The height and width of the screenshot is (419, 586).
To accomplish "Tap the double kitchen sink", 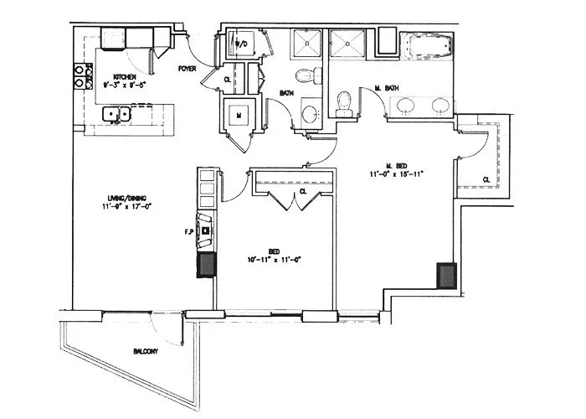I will point(116,113).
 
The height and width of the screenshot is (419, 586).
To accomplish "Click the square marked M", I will point(238,114).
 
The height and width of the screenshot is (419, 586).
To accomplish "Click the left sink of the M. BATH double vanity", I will point(406,106).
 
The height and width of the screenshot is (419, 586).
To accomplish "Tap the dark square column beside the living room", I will point(205,266).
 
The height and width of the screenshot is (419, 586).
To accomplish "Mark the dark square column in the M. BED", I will point(445,276).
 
